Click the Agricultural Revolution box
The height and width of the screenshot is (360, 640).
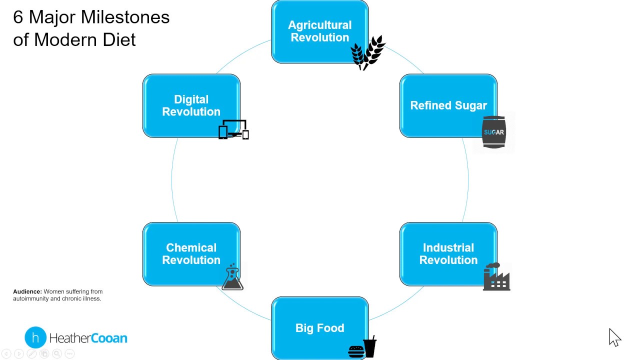click(319, 31)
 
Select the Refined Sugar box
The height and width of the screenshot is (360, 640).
click(448, 105)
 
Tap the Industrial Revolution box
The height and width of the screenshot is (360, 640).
click(448, 254)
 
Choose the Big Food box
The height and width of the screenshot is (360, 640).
click(319, 328)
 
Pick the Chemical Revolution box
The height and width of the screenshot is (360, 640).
click(191, 254)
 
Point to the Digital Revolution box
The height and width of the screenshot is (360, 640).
click(191, 105)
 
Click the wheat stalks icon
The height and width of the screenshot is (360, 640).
click(367, 52)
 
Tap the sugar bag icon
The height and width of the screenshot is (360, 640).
click(493, 132)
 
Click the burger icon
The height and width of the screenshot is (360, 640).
click(356, 351)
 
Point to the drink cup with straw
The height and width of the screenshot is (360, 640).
click(370, 347)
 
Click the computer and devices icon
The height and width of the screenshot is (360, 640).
click(233, 129)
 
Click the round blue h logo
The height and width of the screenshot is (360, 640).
click(35, 337)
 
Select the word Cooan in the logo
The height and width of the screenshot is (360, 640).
click(109, 338)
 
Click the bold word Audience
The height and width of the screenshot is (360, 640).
click(27, 291)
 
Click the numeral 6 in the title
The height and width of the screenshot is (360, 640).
click(18, 17)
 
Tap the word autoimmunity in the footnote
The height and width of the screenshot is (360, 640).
click(29, 298)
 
